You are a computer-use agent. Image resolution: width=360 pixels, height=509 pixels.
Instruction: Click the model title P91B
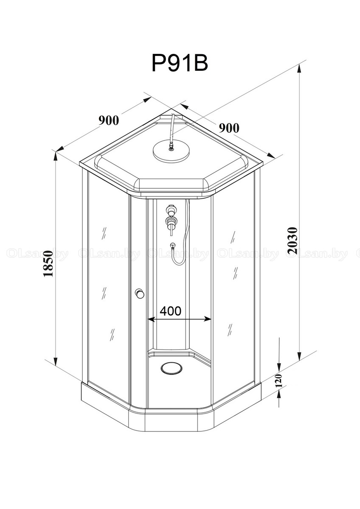pyautogui.click(x=180, y=63)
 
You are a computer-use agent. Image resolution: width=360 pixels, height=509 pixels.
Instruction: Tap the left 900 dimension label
pyautogui.click(x=109, y=120)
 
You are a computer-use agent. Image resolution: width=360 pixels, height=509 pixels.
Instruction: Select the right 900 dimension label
pyautogui.click(x=229, y=128)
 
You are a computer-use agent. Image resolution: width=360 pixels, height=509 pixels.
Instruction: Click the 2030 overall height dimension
pyautogui.click(x=292, y=241)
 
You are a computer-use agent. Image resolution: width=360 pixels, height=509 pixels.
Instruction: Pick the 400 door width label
pyautogui.click(x=171, y=311)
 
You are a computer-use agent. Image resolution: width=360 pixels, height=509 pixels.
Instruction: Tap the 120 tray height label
pyautogui.click(x=278, y=380)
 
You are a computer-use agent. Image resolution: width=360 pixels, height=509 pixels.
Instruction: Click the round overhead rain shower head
pyautogui.click(x=171, y=150)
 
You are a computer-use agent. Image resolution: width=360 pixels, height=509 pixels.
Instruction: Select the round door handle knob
pyautogui.click(x=139, y=294)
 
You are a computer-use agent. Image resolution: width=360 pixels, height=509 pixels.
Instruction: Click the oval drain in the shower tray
pyautogui.click(x=171, y=368)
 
